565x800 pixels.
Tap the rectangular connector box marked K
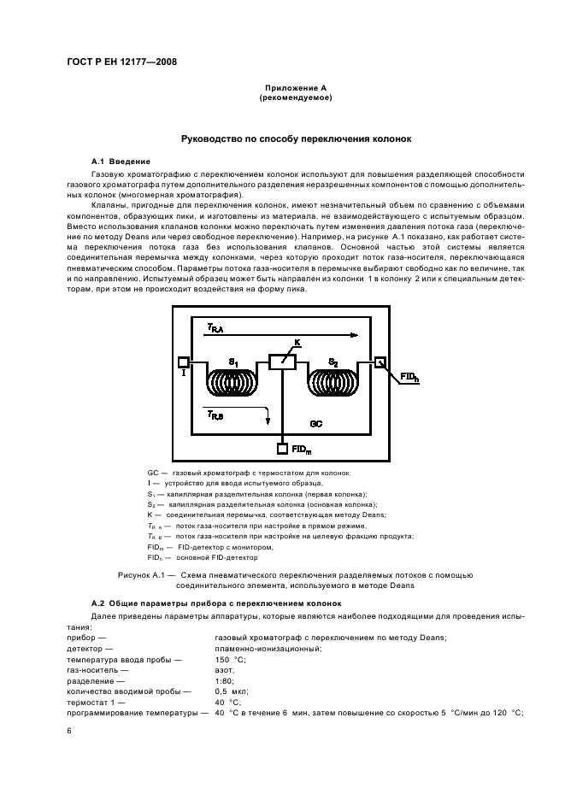point(282,362)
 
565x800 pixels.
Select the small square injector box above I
point(183,362)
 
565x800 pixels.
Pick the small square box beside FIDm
point(282,447)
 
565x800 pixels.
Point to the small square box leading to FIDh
point(380,362)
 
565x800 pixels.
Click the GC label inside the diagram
point(315,423)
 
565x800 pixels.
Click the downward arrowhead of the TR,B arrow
point(268,421)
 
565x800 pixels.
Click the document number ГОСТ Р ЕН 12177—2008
point(121,62)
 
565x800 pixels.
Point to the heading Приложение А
point(295,88)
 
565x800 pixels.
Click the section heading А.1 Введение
point(121,162)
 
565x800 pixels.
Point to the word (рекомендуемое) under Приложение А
point(295,97)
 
